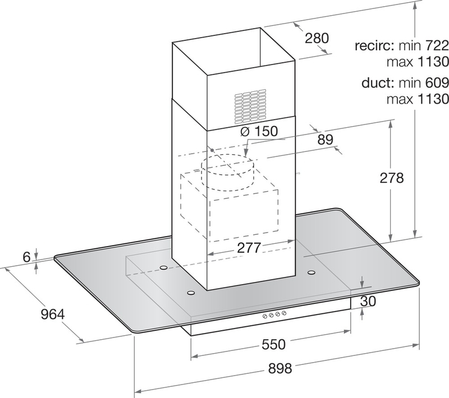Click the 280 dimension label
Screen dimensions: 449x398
tap(317, 38)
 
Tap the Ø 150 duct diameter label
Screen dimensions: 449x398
tap(259, 131)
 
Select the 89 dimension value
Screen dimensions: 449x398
tap(326, 140)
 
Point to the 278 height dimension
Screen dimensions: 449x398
tap(392, 178)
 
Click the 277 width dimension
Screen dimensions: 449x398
tap(249, 248)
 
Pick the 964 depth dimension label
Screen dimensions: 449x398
tap(53, 314)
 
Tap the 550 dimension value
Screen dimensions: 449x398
tap(274, 344)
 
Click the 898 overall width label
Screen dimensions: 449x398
tap(280, 368)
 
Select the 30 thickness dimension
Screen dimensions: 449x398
tap(368, 302)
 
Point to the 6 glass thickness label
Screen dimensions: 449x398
tap(26, 257)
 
